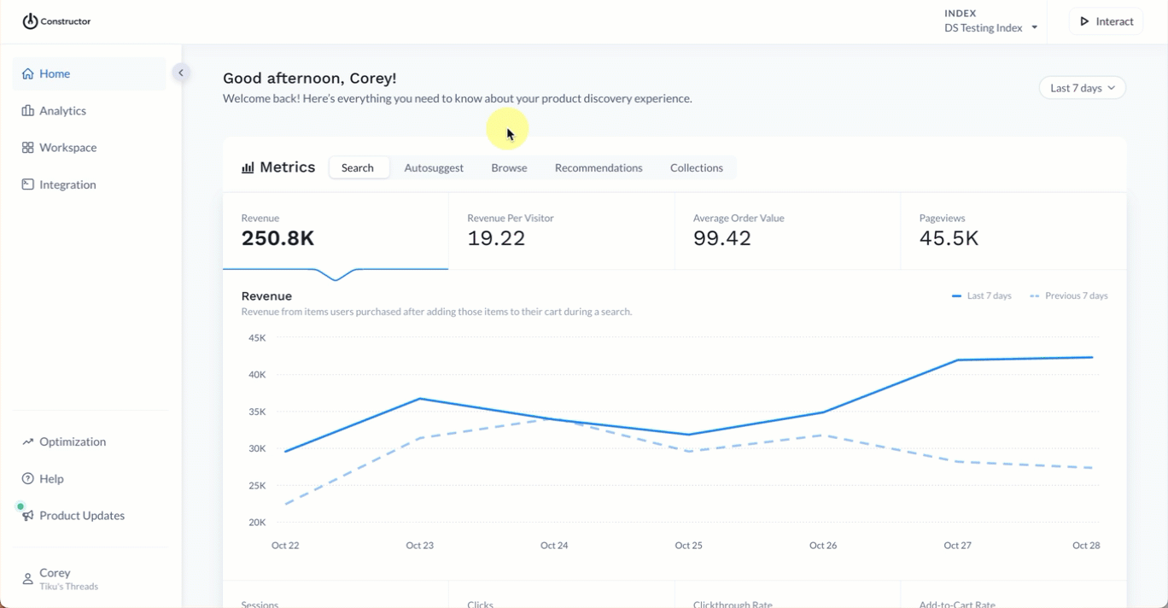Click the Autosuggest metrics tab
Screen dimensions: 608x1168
434,168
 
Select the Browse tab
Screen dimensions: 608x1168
509,168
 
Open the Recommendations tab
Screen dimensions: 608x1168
599,168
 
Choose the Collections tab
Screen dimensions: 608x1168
697,168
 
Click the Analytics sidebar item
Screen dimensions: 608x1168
62,111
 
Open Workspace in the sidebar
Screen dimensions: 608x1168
67,148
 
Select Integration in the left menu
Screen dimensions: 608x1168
67,184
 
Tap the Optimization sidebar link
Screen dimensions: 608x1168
73,441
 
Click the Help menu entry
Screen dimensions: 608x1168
51,479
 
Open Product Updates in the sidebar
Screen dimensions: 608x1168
81,516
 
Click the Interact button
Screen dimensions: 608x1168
1106,21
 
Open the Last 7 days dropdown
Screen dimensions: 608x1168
1082,88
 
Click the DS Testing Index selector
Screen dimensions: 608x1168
990,28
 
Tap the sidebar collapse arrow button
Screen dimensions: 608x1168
181,73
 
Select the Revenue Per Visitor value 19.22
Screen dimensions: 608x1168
496,238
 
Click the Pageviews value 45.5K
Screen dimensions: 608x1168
949,238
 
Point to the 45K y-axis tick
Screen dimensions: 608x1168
257,338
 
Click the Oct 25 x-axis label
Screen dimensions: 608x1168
688,546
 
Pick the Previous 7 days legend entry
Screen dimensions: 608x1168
1069,296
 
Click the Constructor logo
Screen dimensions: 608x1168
56,21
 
